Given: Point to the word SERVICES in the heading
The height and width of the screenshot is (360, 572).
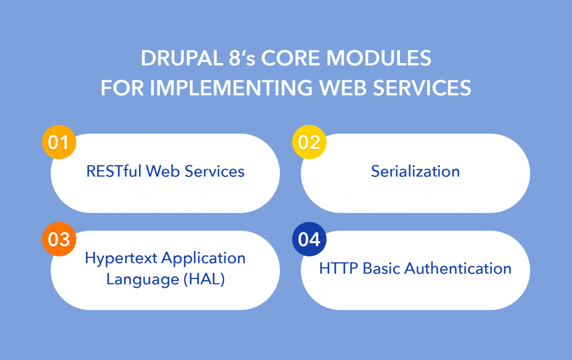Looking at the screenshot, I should (423, 88).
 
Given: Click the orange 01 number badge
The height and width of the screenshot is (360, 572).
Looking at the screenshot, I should (59, 143).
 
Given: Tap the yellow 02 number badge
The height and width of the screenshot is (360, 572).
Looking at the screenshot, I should (309, 143).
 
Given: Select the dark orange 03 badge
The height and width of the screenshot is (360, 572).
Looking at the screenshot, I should (59, 239).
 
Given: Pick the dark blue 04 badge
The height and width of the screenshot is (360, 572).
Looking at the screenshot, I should (309, 239).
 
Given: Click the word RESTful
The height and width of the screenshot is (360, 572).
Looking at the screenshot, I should (114, 171).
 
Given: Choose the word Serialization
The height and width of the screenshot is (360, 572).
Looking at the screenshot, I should (415, 171).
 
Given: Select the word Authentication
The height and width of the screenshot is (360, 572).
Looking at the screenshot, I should (458, 268).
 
